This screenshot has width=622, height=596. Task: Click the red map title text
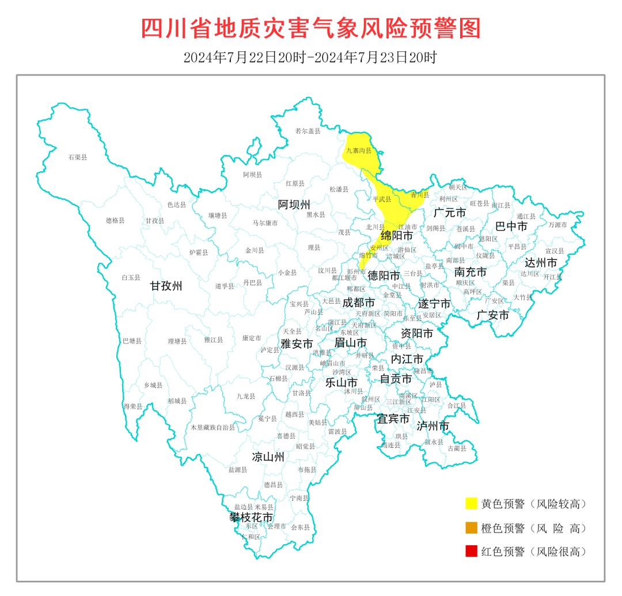310,28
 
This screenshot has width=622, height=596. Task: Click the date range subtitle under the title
310,58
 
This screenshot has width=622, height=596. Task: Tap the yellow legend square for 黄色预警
472,503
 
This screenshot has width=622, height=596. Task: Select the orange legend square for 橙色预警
472,527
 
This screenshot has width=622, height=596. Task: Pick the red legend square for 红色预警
472,551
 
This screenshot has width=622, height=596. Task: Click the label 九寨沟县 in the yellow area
359,151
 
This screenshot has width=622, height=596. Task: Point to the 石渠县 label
77,157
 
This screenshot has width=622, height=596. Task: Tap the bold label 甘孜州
166,286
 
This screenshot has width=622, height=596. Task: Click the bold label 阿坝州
294,205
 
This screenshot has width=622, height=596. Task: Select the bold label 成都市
358,302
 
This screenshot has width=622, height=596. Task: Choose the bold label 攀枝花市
251,517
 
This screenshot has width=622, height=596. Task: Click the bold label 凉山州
268,457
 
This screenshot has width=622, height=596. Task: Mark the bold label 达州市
540,262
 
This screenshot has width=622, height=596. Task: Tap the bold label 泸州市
433,426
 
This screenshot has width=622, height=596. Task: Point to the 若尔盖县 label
307,131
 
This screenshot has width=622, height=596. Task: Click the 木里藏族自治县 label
213,428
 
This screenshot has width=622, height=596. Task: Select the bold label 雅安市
297,344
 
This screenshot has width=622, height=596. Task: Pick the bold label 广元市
450,213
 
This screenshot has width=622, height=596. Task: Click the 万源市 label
557,225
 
